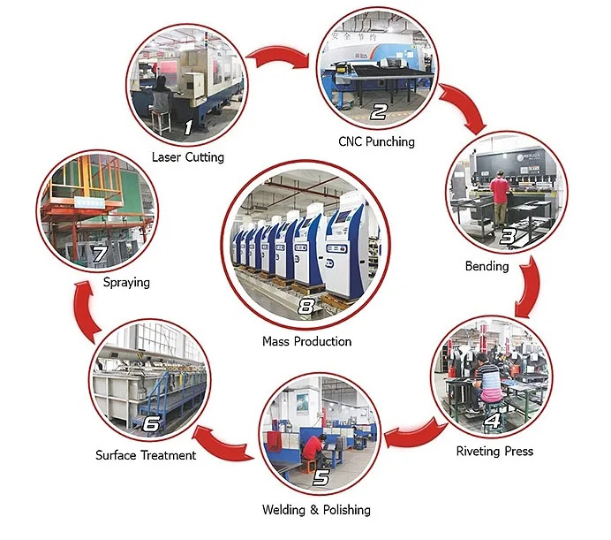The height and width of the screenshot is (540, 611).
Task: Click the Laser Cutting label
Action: [187, 157]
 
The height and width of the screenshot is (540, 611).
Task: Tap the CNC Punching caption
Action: [376, 141]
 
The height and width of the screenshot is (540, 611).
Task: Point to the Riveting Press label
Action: [494, 451]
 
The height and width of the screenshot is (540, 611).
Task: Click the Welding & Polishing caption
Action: [316, 509]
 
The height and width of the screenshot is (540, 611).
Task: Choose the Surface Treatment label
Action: [146, 455]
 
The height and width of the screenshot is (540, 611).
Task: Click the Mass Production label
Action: [306, 341]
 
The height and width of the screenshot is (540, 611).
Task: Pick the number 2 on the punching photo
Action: [379, 112]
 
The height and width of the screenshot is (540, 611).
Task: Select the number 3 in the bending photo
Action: [508, 236]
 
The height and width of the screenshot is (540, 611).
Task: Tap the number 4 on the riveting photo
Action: [493, 422]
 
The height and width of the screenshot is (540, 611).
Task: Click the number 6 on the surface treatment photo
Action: [151, 425]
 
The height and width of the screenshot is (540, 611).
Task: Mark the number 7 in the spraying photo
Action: [100, 255]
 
